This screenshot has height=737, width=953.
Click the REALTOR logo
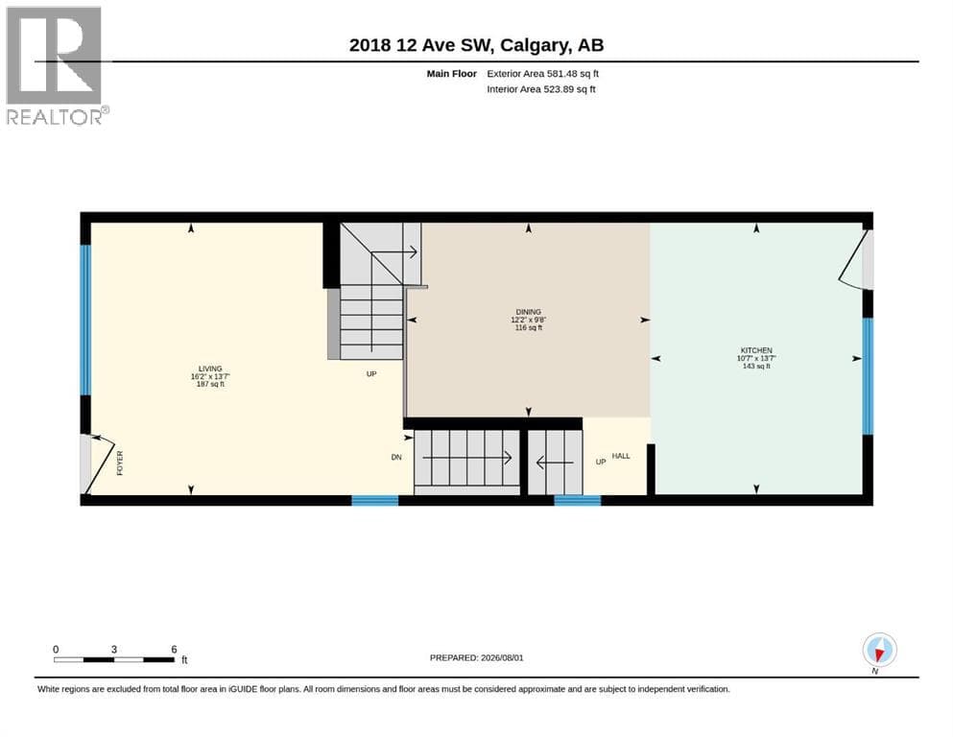pyautogui.click(x=55, y=65)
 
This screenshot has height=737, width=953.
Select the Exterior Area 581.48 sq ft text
pyautogui.click(x=543, y=74)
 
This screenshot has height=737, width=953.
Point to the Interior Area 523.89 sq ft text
pyautogui.click(x=541, y=89)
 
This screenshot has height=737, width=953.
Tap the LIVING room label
pyautogui.click(x=210, y=368)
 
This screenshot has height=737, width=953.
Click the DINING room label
pyautogui.click(x=528, y=312)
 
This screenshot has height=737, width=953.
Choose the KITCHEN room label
pyautogui.click(x=756, y=350)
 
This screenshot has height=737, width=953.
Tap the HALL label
pyautogui.click(x=621, y=456)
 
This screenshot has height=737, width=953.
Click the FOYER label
pyautogui.click(x=120, y=463)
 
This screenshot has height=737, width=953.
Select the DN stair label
pyautogui.click(x=396, y=457)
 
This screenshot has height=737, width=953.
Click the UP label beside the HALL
pyautogui.click(x=601, y=462)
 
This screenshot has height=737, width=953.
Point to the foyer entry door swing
pyautogui.click(x=98, y=464)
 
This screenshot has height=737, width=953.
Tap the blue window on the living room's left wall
pyautogui.click(x=85, y=320)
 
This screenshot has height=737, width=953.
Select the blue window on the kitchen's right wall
pyautogui.click(x=868, y=376)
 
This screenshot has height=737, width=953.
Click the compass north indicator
pyautogui.click(x=879, y=651)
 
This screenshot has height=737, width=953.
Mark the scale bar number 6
pyautogui.click(x=174, y=649)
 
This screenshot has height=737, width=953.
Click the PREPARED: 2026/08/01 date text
pyautogui.click(x=476, y=657)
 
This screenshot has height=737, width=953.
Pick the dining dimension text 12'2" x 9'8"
pyautogui.click(x=528, y=320)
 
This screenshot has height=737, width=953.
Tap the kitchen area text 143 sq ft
pyautogui.click(x=756, y=367)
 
